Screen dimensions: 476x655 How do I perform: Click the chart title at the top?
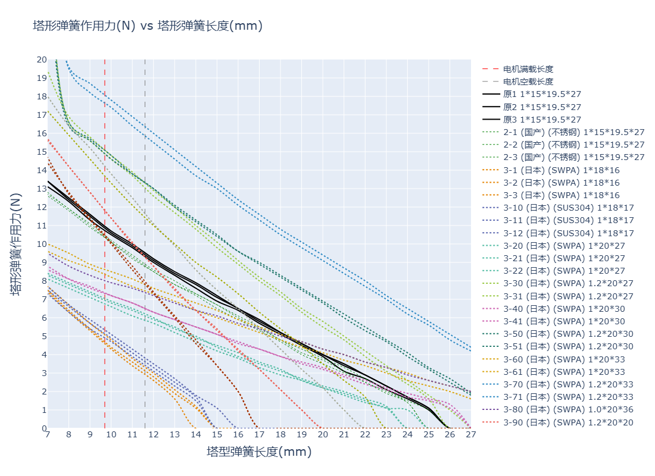148,26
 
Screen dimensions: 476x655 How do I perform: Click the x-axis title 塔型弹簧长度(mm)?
259,452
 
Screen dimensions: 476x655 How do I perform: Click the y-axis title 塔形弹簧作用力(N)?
16,244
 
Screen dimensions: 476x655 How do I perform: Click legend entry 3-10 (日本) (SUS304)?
569,208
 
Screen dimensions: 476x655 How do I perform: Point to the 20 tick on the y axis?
42,59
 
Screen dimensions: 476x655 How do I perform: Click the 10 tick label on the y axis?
42,244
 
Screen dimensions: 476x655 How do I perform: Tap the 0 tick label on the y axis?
43,428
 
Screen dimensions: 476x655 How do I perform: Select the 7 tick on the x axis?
48,435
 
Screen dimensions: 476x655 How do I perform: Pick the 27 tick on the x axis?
470,435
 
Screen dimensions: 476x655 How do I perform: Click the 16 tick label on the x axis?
238,435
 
